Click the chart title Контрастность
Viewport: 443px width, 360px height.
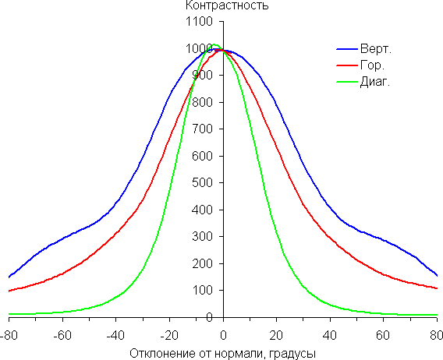click(x=227, y=5)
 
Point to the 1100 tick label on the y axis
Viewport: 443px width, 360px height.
click(x=199, y=22)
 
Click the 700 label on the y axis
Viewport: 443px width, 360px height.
click(x=202, y=129)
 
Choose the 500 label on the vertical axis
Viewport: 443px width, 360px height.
click(x=202, y=182)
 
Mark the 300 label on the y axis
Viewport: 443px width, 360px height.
click(x=202, y=237)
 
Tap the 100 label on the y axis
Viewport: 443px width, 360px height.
click(x=202, y=290)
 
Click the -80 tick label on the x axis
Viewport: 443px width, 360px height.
click(x=9, y=335)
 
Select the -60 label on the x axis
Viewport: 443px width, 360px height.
click(x=62, y=335)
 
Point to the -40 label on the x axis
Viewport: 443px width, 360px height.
click(x=115, y=335)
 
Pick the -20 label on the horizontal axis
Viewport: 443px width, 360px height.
click(x=169, y=335)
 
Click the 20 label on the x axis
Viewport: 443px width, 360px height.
click(x=276, y=335)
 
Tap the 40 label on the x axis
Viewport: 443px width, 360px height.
click(x=330, y=335)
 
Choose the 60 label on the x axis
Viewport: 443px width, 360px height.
click(x=383, y=335)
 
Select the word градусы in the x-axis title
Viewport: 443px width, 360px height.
click(x=292, y=354)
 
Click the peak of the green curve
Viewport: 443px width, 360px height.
click(x=214, y=44)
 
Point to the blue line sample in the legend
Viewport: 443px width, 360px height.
click(x=347, y=49)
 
